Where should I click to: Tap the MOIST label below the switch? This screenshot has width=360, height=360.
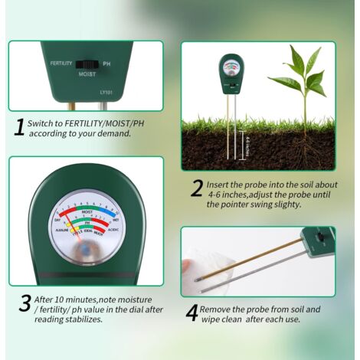coord(87,75)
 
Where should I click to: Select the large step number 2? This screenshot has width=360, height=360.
coord(197,188)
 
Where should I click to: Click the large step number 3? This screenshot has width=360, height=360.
coord(25,302)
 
